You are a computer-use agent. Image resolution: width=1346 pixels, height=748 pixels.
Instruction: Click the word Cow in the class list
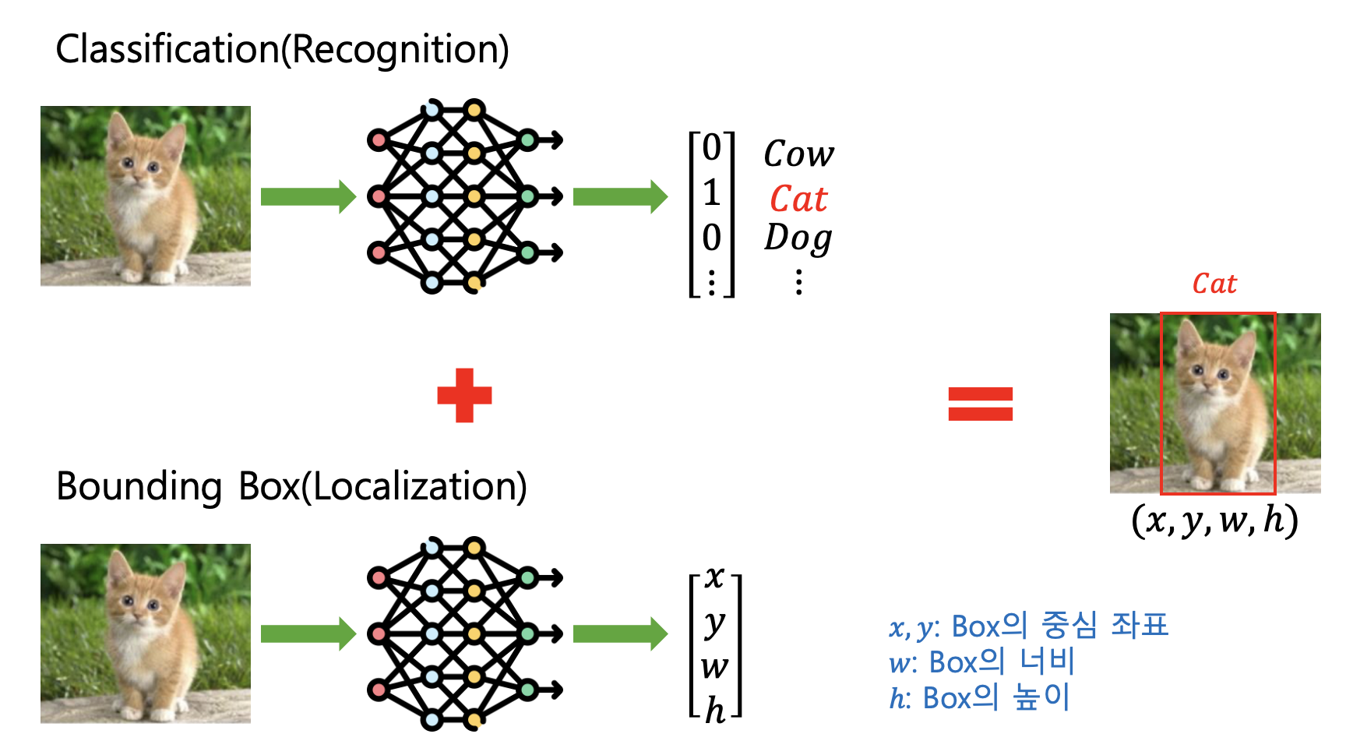coord(798,153)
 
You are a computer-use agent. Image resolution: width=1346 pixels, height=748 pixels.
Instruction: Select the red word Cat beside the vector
coord(798,199)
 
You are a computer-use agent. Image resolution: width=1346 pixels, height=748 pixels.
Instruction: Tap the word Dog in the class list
coord(798,238)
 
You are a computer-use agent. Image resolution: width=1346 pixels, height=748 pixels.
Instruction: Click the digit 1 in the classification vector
coord(711,192)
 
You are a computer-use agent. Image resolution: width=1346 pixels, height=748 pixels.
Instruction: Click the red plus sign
coord(464,395)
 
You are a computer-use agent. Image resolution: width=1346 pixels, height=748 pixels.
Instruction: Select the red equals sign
coord(980,404)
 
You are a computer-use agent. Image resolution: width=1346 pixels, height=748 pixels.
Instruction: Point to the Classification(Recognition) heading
coord(282,49)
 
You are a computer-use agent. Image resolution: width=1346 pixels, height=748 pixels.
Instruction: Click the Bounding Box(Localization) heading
coord(291,486)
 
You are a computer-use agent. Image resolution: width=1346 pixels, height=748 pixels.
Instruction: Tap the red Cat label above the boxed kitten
coord(1214,284)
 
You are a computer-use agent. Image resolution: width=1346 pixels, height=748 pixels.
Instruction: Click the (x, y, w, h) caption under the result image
coord(1214,520)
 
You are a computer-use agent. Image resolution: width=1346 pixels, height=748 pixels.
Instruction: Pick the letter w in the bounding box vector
coord(714,666)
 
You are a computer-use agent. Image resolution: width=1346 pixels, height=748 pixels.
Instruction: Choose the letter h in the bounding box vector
coord(714,710)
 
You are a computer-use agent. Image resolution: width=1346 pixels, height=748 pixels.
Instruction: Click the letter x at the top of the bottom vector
coord(714,577)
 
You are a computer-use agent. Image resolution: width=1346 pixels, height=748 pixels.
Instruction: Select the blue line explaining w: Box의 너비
coord(981,662)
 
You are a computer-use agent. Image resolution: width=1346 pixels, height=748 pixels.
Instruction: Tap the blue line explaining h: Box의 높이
coord(980,697)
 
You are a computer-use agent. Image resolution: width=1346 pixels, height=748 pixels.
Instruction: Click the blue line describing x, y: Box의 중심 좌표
coord(1028,626)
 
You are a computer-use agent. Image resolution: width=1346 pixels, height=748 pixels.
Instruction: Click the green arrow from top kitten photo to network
coord(308,196)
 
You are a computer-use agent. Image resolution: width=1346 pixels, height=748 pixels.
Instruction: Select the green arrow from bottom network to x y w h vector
coord(620,634)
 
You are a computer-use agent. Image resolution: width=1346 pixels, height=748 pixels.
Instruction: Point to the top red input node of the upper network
coord(379,140)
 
